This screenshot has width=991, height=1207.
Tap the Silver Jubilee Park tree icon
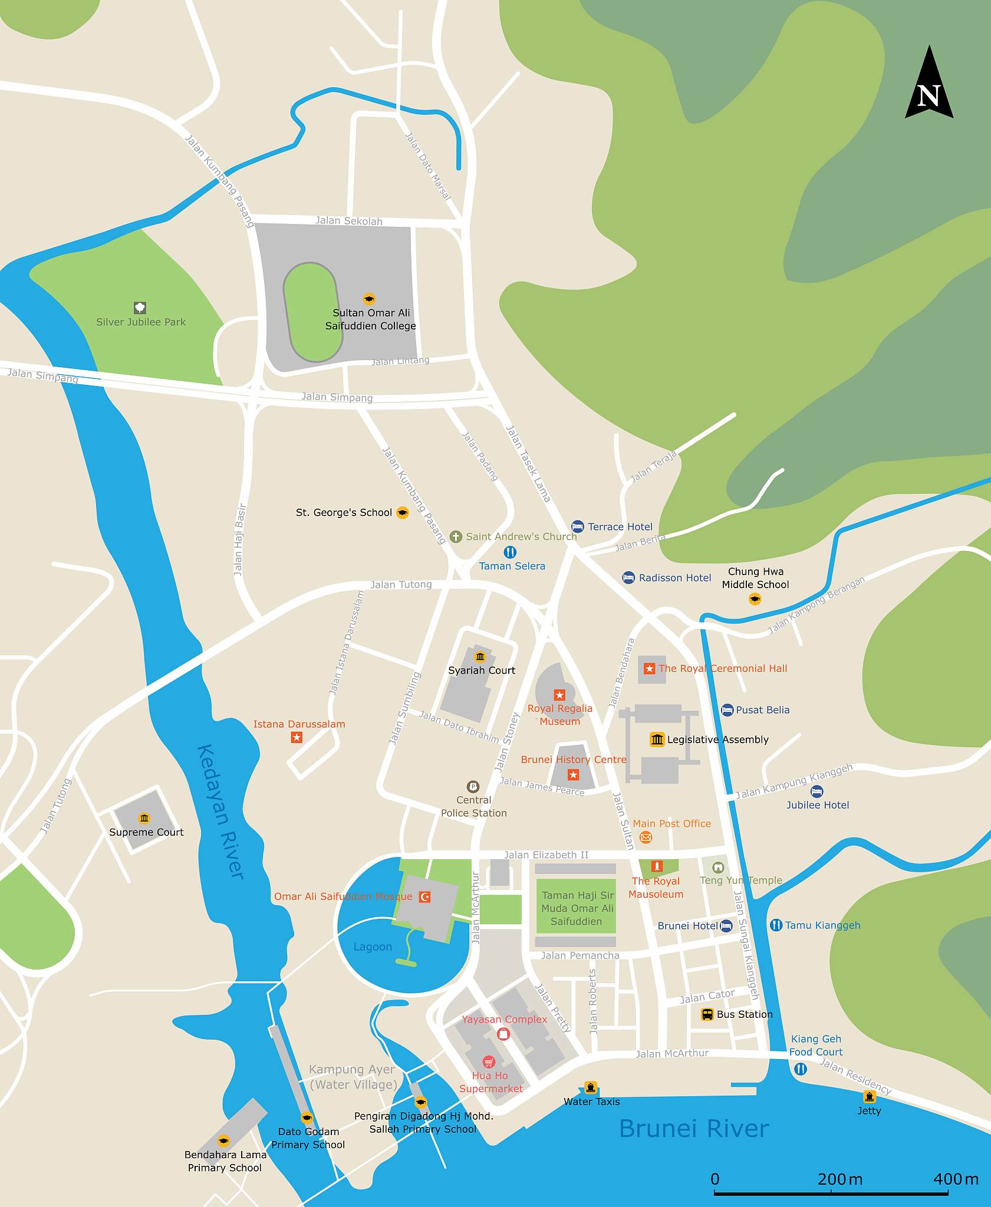click(140, 308)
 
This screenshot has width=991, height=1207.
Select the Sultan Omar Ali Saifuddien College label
click(371, 319)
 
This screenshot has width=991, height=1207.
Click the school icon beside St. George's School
click(402, 513)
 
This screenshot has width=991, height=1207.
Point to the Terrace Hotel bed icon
click(577, 526)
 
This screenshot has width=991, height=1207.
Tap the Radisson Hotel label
click(675, 578)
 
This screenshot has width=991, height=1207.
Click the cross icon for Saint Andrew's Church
click(456, 536)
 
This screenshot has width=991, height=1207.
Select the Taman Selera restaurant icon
click(510, 552)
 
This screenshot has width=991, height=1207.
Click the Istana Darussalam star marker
click(297, 737)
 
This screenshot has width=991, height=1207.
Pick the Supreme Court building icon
click(144, 818)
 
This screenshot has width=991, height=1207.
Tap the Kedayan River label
click(220, 812)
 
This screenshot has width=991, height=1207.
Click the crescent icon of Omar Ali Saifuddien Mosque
click(424, 896)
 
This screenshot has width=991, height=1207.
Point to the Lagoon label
click(373, 947)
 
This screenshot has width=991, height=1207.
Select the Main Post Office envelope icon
click(646, 837)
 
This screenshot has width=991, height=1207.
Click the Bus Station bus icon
click(707, 1014)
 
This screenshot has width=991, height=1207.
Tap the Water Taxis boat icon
click(590, 1088)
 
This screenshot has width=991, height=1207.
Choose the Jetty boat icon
click(869, 1097)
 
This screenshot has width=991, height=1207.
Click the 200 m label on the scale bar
click(839, 1179)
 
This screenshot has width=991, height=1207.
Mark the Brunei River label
click(694, 1129)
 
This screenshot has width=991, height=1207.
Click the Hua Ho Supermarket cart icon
click(488, 1062)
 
